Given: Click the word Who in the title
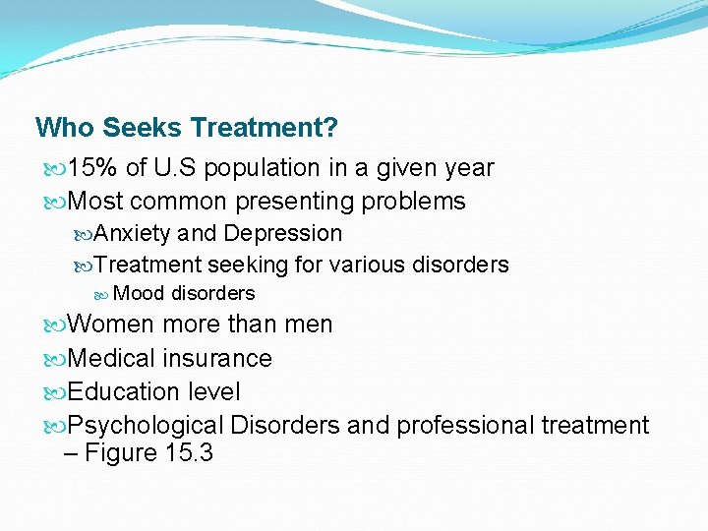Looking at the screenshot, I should (x=64, y=128).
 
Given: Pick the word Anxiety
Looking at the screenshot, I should (x=133, y=233).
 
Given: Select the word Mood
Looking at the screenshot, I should (x=139, y=293).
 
